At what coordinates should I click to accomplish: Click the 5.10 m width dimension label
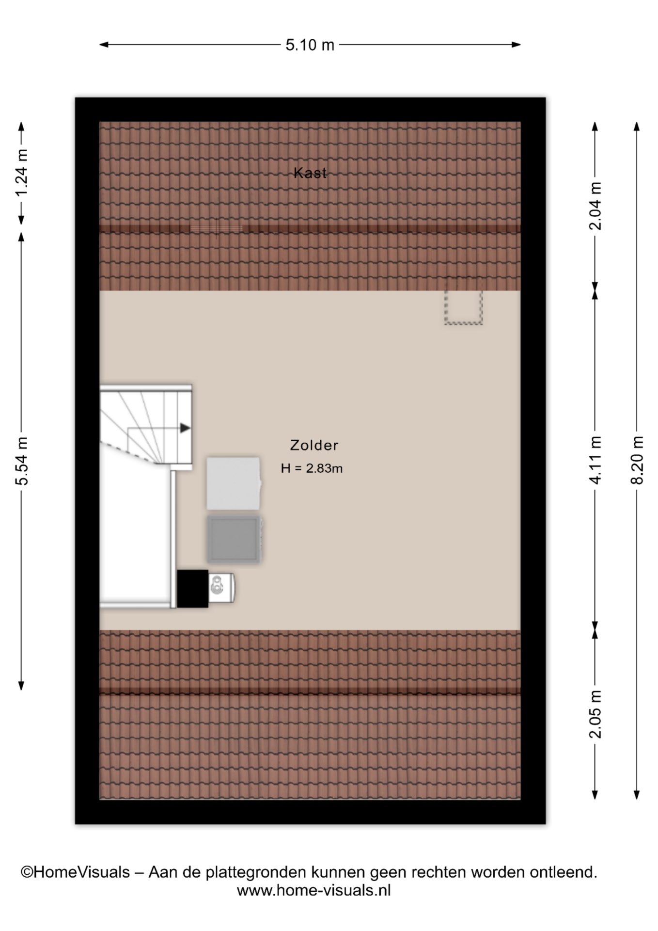pyautogui.click(x=310, y=45)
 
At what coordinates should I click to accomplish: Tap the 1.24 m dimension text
pyautogui.click(x=22, y=173)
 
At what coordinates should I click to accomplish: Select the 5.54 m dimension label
pyautogui.click(x=22, y=461)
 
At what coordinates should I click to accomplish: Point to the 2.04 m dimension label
pyautogui.click(x=595, y=206)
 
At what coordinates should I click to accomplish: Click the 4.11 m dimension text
pyautogui.click(x=595, y=460)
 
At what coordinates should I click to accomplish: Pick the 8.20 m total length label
pyautogui.click(x=637, y=460)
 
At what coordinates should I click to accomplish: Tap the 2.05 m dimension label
pyautogui.click(x=595, y=714)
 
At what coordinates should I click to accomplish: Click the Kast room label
pyautogui.click(x=310, y=173)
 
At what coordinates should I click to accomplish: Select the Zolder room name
pyautogui.click(x=314, y=445)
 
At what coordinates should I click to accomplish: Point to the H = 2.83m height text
pyautogui.click(x=312, y=468)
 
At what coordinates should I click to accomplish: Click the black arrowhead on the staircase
pyautogui.click(x=185, y=428)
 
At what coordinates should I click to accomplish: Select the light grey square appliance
pyautogui.click(x=234, y=483)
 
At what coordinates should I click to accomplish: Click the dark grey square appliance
pyautogui.click(x=235, y=539)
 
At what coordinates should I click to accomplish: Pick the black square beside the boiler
pyautogui.click(x=192, y=589)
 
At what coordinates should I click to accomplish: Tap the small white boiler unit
pyautogui.click(x=221, y=588)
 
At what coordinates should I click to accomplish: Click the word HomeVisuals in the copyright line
pyautogui.click(x=82, y=872)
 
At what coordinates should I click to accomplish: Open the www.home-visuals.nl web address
pyautogui.click(x=313, y=890)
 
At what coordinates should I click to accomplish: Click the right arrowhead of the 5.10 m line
pyautogui.click(x=516, y=45)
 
